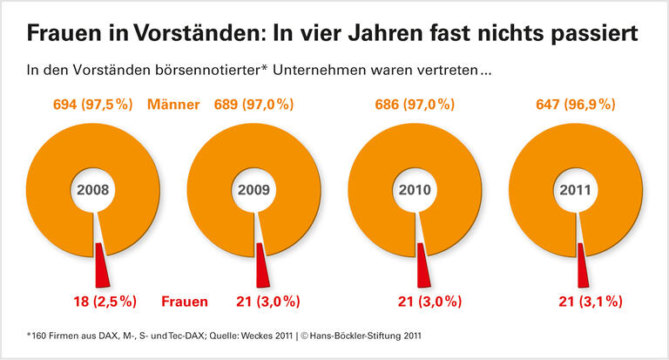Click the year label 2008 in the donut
point(93,189)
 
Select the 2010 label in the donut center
point(415,189)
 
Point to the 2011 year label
point(575,189)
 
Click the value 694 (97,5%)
point(94,105)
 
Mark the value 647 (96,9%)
point(576,105)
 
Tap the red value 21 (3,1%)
point(589,302)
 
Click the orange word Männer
point(173,105)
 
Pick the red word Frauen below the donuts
point(185,302)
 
